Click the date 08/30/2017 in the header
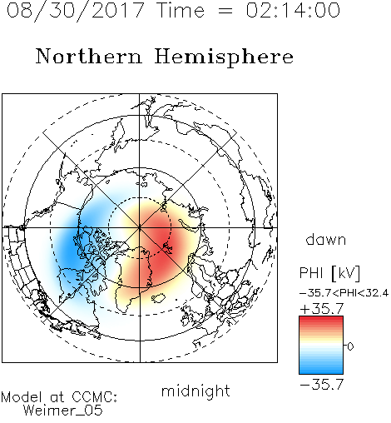75,11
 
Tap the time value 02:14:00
293,10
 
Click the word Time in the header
181,10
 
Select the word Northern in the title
89,56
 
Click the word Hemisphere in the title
224,57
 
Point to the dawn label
325,239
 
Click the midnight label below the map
195,391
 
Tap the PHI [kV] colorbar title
329,273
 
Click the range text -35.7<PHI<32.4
344,293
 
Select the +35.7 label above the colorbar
322,309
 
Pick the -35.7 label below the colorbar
322,385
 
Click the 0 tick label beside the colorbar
350,346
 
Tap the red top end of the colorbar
321,318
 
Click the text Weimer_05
63,410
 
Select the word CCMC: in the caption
95,397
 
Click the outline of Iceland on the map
159,298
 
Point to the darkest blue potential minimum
68,250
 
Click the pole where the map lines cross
140,227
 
